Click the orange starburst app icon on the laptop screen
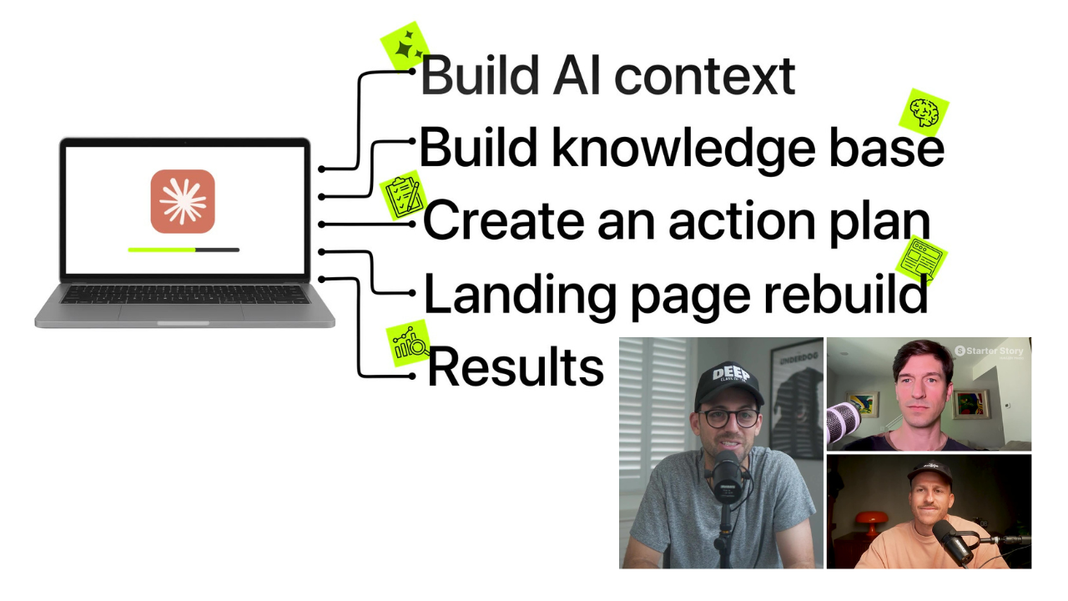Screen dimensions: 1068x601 point(183,201)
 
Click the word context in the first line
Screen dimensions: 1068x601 point(705,76)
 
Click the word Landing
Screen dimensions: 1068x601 point(520,295)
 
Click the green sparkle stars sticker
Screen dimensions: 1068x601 point(406,46)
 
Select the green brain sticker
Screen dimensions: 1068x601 point(924,113)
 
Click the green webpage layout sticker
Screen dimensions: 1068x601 point(921,260)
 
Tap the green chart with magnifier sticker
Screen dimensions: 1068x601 point(408,343)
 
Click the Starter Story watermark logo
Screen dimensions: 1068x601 point(989,351)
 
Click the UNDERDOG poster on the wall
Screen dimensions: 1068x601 point(796,402)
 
